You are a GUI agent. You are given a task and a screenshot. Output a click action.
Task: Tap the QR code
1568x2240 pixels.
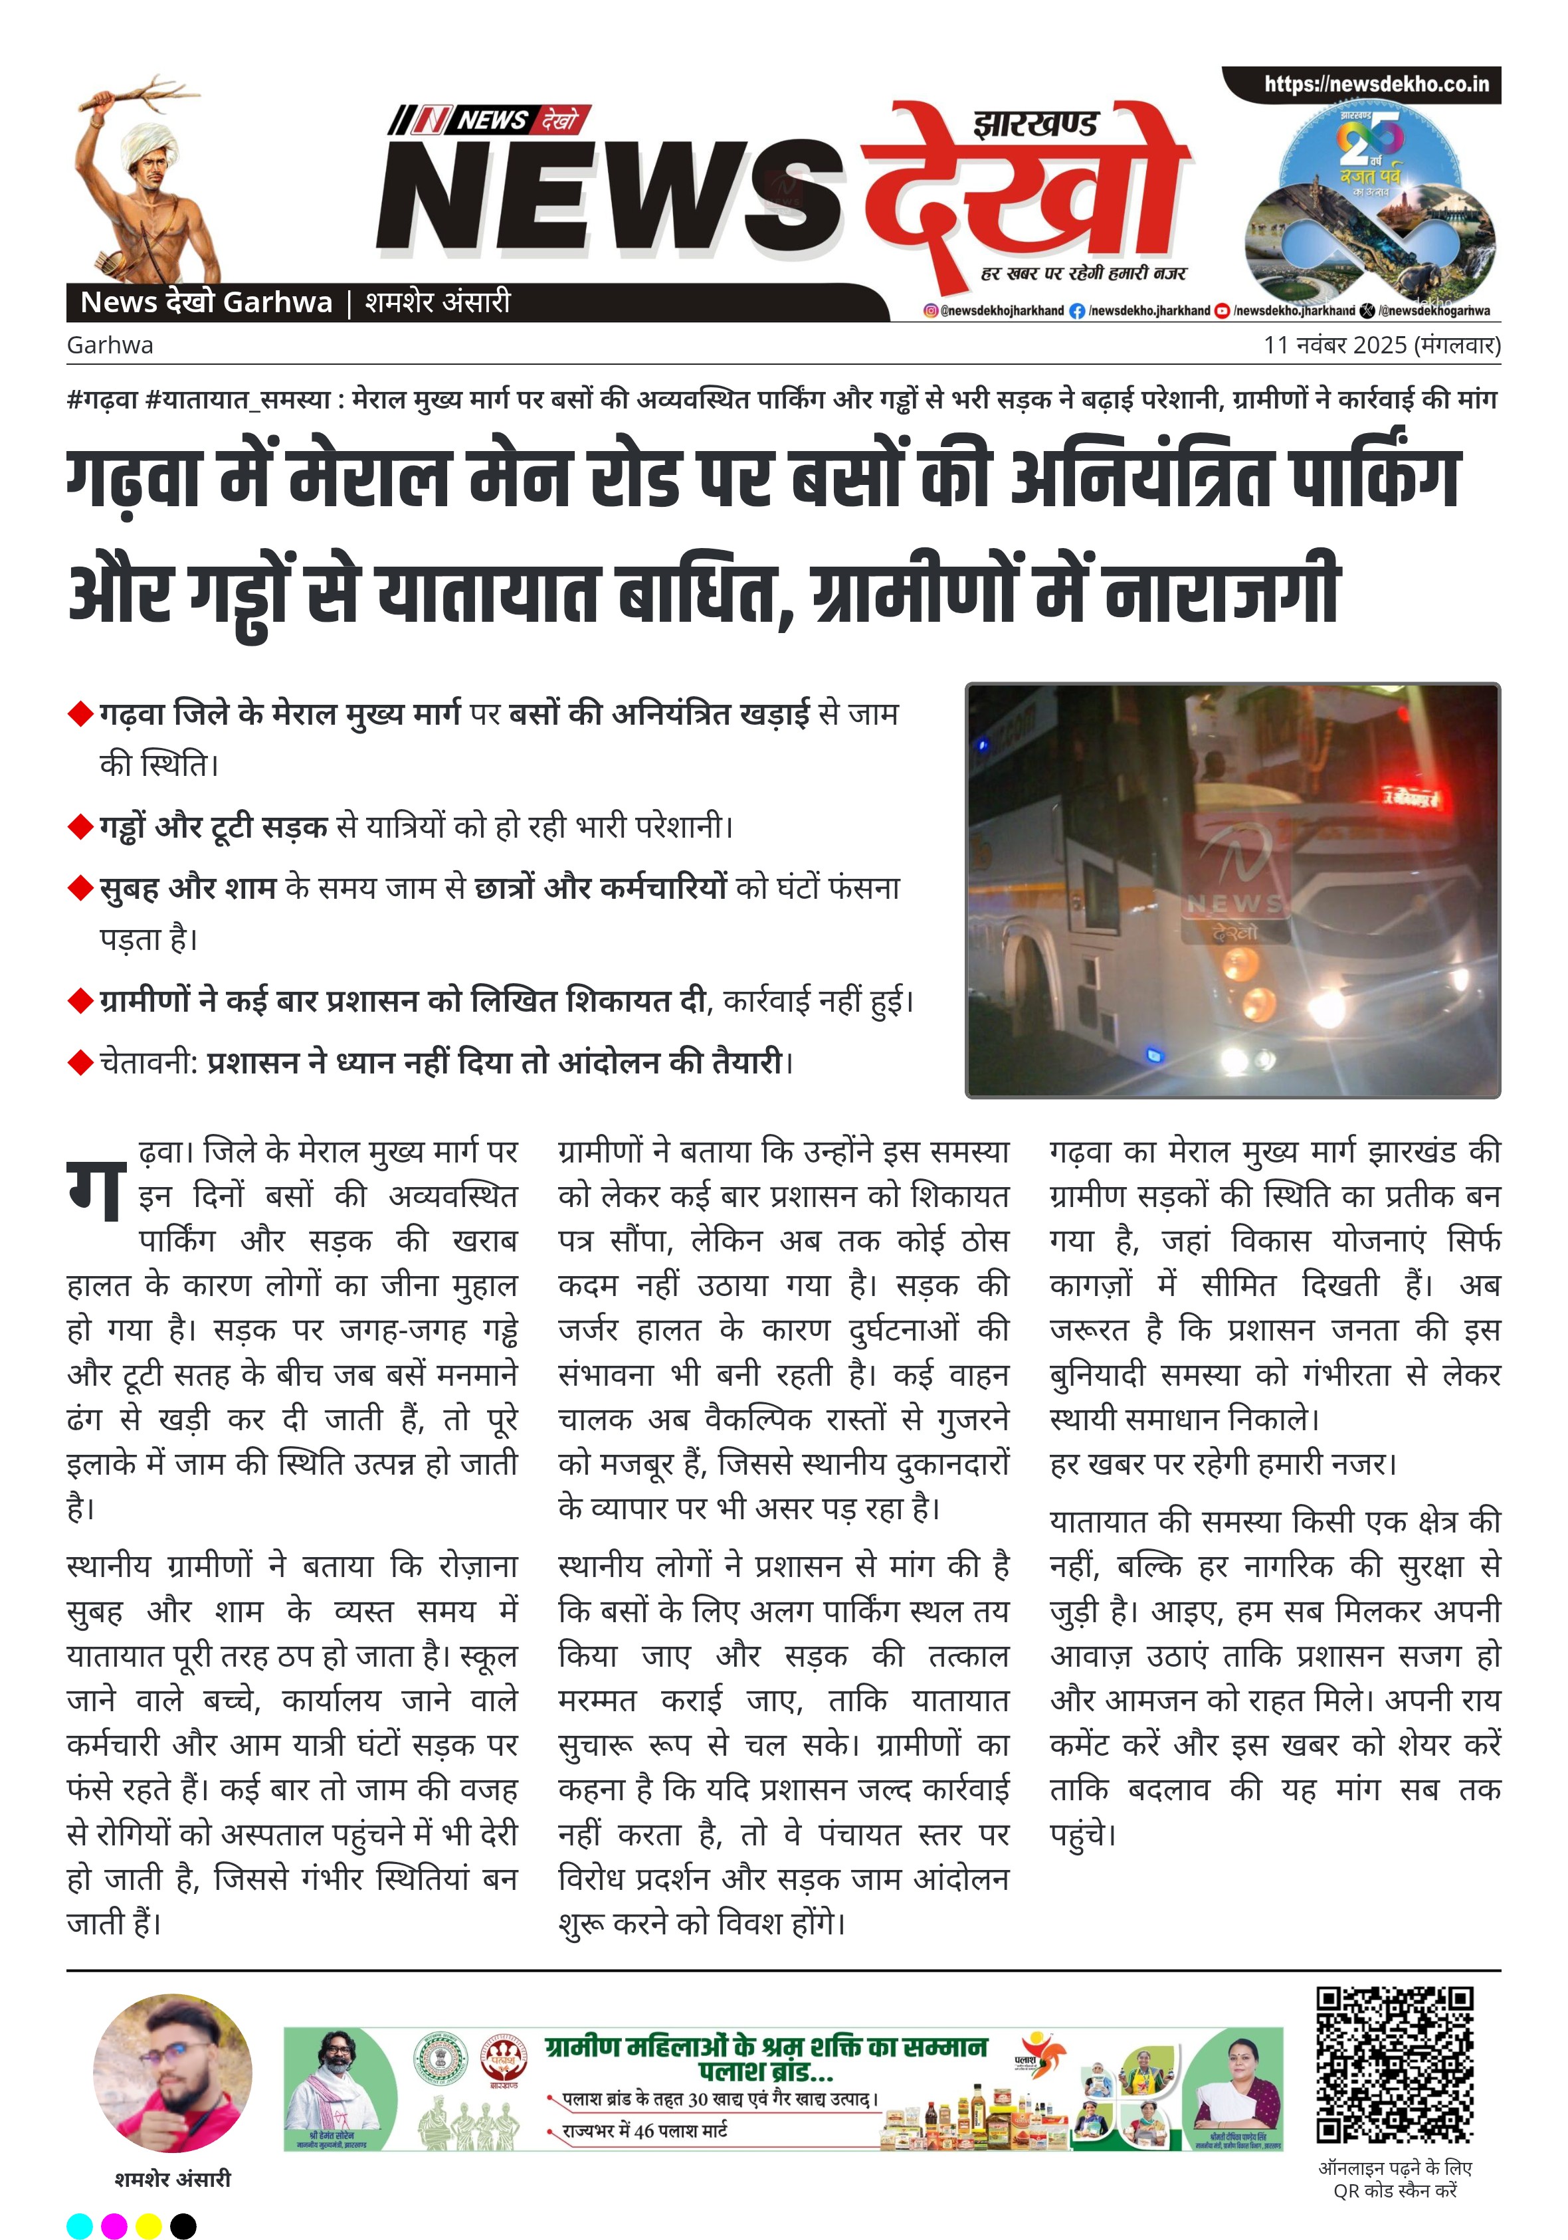pos(1395,2065)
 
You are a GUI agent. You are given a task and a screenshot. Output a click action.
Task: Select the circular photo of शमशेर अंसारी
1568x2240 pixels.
pos(173,2073)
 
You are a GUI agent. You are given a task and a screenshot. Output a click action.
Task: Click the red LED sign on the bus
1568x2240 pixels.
pos(1411,800)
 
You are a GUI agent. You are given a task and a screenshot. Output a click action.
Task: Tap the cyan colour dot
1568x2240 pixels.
pos(80,2225)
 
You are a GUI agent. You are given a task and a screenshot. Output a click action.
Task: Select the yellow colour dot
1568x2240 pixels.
pos(148,2225)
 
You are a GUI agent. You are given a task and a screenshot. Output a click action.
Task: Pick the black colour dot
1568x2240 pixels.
pos(183,2225)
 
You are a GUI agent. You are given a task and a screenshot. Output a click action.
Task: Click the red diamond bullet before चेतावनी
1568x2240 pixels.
pos(80,1062)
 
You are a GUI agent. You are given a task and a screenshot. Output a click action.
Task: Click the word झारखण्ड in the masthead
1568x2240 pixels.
pos(1035,125)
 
